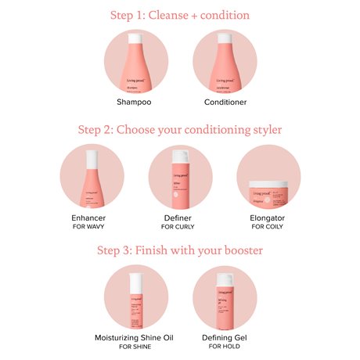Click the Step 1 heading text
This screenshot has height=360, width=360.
pyautogui.click(x=180, y=14)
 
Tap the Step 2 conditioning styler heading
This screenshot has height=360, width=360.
pyautogui.click(x=180, y=130)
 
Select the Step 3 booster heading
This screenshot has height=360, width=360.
pyautogui.click(x=180, y=250)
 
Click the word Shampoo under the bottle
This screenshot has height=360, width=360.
pyautogui.click(x=136, y=103)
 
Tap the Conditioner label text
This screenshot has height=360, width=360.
pyautogui.click(x=225, y=103)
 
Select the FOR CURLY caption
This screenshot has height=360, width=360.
pyautogui.click(x=180, y=226)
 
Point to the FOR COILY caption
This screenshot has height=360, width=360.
pyautogui.click(x=268, y=226)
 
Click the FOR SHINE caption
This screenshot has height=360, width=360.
pyautogui.click(x=136, y=345)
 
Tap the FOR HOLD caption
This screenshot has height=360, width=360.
pyautogui.click(x=225, y=345)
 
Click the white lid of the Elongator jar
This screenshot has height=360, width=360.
pyautogui.click(x=268, y=182)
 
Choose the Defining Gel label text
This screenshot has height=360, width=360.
pyautogui.click(x=225, y=335)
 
